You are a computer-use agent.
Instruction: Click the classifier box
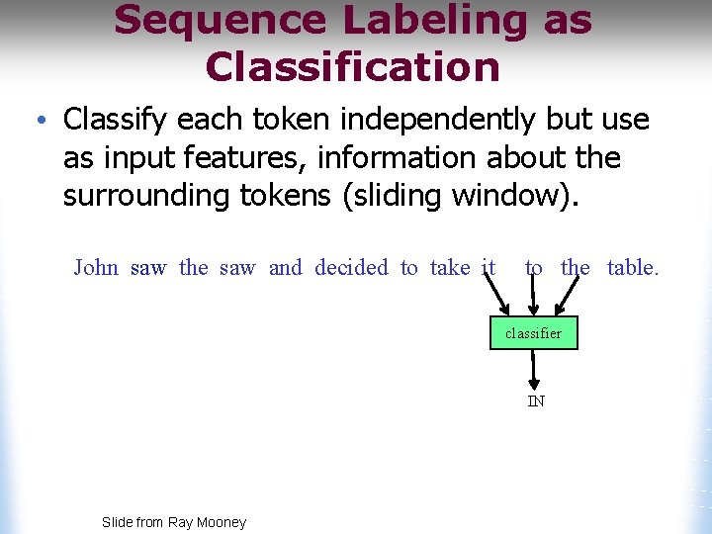coord(533,333)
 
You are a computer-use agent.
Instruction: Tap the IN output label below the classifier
coord(535,400)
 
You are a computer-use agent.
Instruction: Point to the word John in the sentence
coord(96,268)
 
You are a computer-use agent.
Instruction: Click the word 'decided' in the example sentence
coord(351,268)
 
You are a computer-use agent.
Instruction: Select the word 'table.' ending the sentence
coord(632,268)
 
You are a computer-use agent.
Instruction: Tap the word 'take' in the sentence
coord(450,268)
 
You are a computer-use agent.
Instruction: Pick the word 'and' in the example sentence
coord(285,268)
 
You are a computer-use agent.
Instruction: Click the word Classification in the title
coord(352,66)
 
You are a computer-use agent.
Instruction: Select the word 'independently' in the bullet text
coord(422,120)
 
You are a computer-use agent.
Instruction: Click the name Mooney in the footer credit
coord(222,522)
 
